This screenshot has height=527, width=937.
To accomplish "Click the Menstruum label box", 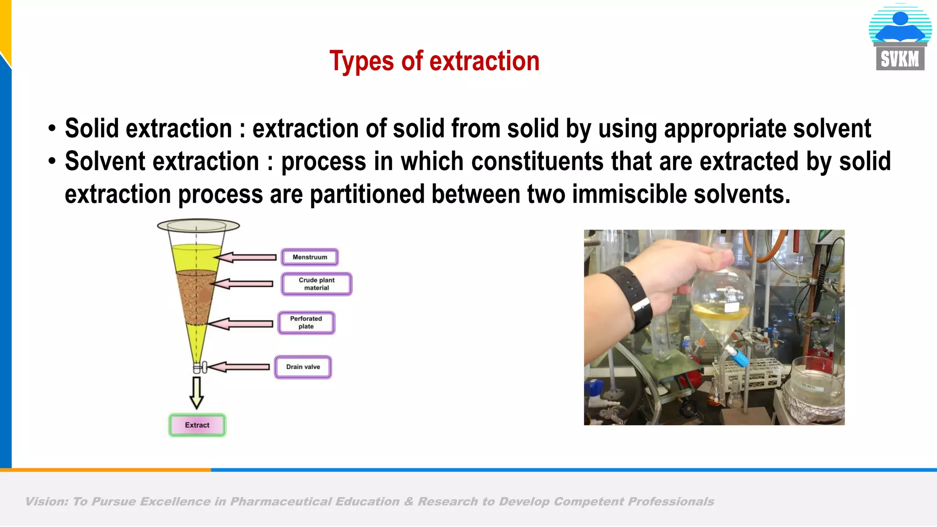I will click(x=310, y=257).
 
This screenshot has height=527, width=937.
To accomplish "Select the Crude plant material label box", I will click(x=316, y=284).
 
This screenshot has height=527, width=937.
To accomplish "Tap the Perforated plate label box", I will click(x=306, y=323).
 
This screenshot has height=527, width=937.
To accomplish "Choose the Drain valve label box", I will click(x=303, y=367).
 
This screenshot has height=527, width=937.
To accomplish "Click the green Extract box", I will click(x=197, y=425).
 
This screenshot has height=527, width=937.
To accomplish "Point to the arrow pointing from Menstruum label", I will click(x=247, y=258).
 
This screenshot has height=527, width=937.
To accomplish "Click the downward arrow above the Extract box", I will click(x=197, y=393).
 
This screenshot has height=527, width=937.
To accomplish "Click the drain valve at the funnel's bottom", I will click(x=200, y=367).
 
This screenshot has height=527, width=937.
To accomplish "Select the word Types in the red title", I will click(x=361, y=61).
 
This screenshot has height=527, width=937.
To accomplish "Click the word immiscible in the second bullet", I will click(x=629, y=194).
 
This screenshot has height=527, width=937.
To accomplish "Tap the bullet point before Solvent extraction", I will click(x=52, y=161).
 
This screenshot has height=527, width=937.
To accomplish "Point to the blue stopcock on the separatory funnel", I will click(x=737, y=356).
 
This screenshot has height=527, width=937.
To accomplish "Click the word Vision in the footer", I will click(x=46, y=502).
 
